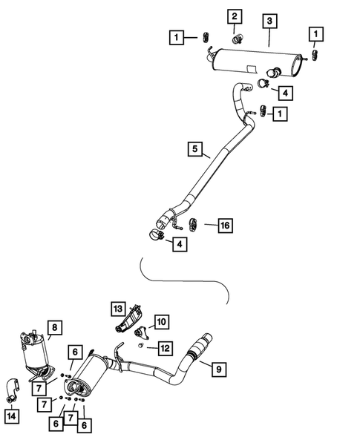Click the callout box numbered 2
click(235, 16)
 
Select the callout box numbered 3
click(269, 22)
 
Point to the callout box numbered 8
click(53, 327)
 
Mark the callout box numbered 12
click(164, 346)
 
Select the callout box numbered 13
click(118, 309)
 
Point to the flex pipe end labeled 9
click(200, 346)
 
